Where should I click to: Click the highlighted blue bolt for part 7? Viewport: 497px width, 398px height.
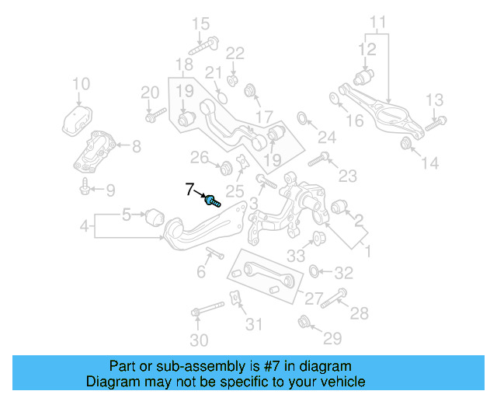pyautogui.click(x=212, y=201)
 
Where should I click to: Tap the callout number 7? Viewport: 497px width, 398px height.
pyautogui.click(x=189, y=188)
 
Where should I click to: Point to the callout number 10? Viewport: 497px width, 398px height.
pyautogui.click(x=81, y=84)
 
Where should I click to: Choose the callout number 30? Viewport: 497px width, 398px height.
pyautogui.click(x=199, y=340)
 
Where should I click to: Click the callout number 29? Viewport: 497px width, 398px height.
pyautogui.click(x=332, y=337)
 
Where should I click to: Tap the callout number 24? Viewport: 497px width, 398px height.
pyautogui.click(x=326, y=138)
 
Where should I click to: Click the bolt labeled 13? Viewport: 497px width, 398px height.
pyautogui.click(x=436, y=121)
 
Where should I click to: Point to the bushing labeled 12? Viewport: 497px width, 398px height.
pyautogui.click(x=364, y=78)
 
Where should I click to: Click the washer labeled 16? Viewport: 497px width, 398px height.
pyautogui.click(x=334, y=98)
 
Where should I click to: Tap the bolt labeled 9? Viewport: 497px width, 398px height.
pyautogui.click(x=84, y=187)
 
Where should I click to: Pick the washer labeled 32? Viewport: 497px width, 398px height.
pyautogui.click(x=315, y=271)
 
